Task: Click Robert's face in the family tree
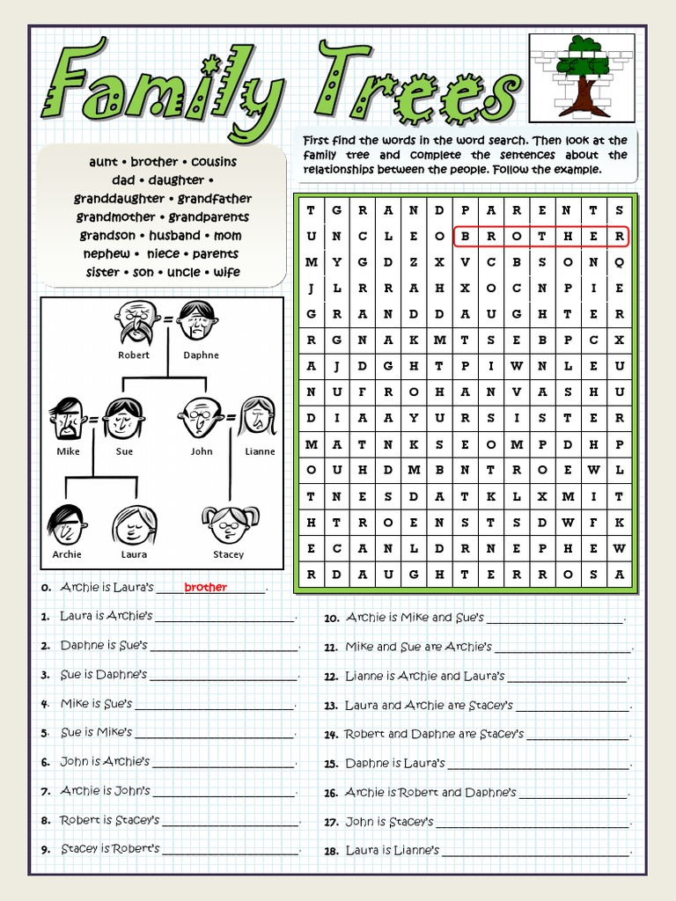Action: [136, 321]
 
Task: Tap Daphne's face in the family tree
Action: [196, 320]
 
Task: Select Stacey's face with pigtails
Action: [229, 524]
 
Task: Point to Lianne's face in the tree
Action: [257, 417]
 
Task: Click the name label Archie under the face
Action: [67, 554]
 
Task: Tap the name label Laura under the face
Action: [134, 554]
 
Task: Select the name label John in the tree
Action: [202, 451]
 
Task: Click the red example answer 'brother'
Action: [206, 588]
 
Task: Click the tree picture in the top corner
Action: [582, 77]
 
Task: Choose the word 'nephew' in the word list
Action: [106, 254]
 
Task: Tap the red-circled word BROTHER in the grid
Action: [540, 237]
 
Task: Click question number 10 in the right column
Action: [332, 619]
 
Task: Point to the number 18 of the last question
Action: [332, 851]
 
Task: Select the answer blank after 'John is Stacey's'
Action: [533, 824]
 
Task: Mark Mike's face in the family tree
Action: [67, 418]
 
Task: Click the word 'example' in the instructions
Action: [578, 170]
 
